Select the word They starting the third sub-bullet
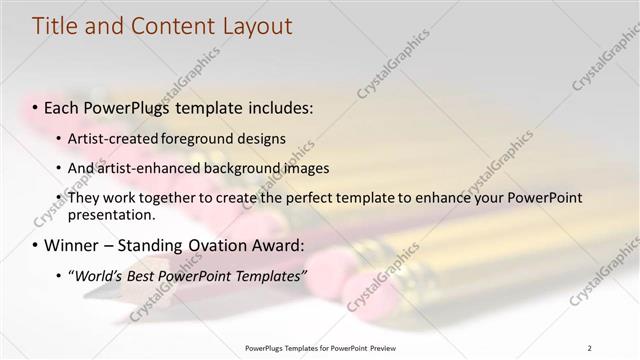tap(83, 198)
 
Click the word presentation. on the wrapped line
tap(112, 215)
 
